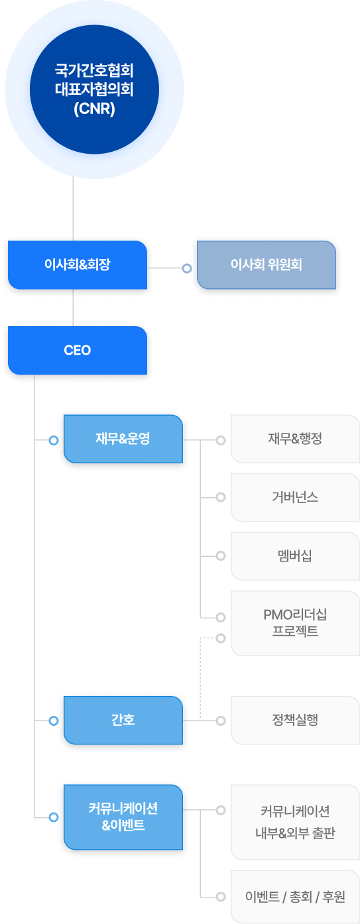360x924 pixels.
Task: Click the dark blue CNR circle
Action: [x=94, y=89]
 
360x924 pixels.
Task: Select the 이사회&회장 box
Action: [x=78, y=265]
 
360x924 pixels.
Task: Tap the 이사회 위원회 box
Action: [x=267, y=265]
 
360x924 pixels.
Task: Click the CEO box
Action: [x=78, y=351]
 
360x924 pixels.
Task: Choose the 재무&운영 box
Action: [x=123, y=439]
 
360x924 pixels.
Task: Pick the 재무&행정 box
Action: [x=295, y=439]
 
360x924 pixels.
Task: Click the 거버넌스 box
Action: [x=295, y=498]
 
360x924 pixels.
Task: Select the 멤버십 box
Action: [x=295, y=556]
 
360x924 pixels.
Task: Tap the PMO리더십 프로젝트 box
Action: [x=295, y=623]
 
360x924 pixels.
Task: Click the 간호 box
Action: [x=123, y=721]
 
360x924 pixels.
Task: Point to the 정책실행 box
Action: [x=295, y=721]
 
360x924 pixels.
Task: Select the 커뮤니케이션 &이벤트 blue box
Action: [x=123, y=817]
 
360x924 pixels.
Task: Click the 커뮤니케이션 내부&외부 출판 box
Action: [x=295, y=822]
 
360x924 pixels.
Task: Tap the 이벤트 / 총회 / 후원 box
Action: [x=295, y=897]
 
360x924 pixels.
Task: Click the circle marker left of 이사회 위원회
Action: [x=187, y=268]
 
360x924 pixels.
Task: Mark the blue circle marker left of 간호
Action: [x=54, y=721]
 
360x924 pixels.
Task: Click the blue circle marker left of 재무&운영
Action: [x=54, y=440]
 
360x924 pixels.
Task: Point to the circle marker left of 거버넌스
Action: [x=221, y=497]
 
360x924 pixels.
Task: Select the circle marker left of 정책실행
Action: [x=221, y=721]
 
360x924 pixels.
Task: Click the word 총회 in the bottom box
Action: [x=300, y=897]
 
